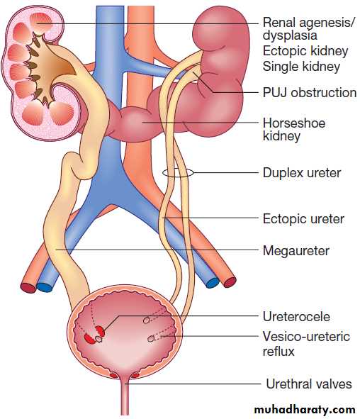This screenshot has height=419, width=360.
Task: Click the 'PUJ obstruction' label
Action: click(x=310, y=93)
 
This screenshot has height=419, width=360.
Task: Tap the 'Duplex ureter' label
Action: click(x=302, y=172)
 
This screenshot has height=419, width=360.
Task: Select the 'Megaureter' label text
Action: click(x=296, y=251)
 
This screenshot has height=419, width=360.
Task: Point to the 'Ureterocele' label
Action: click(x=296, y=317)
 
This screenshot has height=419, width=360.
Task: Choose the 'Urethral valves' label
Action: click(x=309, y=384)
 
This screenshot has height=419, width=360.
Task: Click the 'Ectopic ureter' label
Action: click(x=303, y=219)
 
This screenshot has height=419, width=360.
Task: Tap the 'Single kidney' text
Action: click(x=301, y=67)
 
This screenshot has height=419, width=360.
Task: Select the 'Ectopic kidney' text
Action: click(x=305, y=51)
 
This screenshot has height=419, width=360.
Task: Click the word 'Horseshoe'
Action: click(x=294, y=123)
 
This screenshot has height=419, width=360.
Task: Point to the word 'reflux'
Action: click(x=279, y=351)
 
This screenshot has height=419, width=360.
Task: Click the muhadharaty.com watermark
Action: click(x=305, y=410)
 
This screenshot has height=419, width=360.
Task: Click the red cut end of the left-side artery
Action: click(x=28, y=287)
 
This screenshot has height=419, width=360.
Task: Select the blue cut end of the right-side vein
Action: click(x=213, y=283)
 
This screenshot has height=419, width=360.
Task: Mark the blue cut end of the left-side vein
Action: click(x=45, y=286)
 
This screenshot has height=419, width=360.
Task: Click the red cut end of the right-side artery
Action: click(x=230, y=282)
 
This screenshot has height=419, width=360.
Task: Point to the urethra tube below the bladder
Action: click(x=125, y=398)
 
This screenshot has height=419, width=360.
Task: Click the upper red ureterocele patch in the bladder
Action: click(x=100, y=330)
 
